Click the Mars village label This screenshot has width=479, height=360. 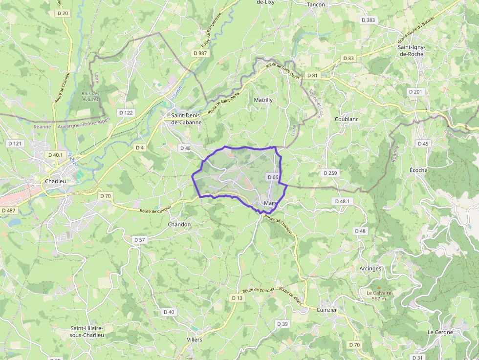click(x=270, y=203)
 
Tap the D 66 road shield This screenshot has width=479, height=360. click(x=273, y=177)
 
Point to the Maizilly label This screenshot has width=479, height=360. click(x=263, y=100)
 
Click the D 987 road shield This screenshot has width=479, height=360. click(x=200, y=53)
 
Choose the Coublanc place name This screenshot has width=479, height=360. click(x=348, y=119)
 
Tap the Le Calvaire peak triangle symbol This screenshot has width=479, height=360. click(x=378, y=287)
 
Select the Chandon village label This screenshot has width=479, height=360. click(x=179, y=224)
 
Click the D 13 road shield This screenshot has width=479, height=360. click(x=237, y=298)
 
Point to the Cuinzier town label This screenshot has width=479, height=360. click(x=327, y=310)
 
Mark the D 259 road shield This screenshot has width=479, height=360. click(x=330, y=173)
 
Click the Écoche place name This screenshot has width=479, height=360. click(x=418, y=170)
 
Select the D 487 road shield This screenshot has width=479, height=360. click(x=8, y=211)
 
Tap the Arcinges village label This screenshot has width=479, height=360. click(x=370, y=268)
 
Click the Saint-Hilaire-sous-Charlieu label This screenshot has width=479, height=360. click(x=87, y=332)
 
